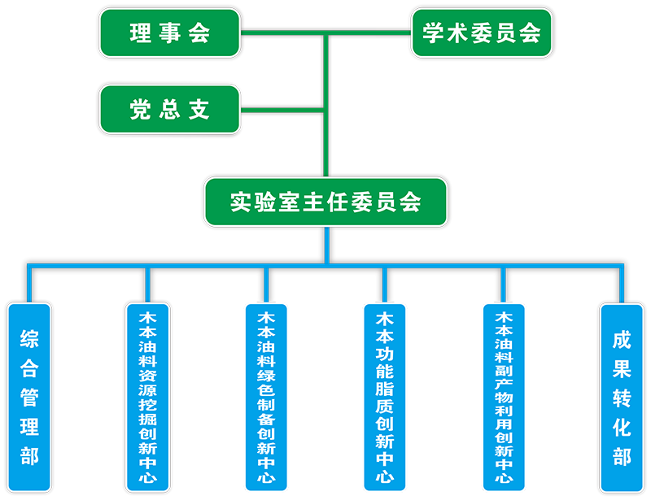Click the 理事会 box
point(170,33)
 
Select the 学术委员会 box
point(482,33)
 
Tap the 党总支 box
point(170,110)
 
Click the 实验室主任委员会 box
point(325,202)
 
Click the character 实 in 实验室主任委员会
point(240,202)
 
